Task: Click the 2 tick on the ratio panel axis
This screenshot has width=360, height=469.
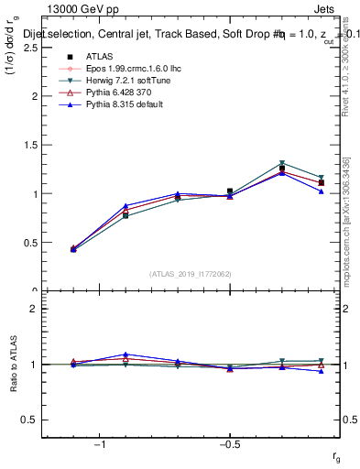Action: (34, 309)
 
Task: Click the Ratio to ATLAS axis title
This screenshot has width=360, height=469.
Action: (13, 364)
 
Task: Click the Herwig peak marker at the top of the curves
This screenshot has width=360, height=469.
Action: (282, 164)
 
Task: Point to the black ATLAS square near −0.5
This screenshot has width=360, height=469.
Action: (230, 191)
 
